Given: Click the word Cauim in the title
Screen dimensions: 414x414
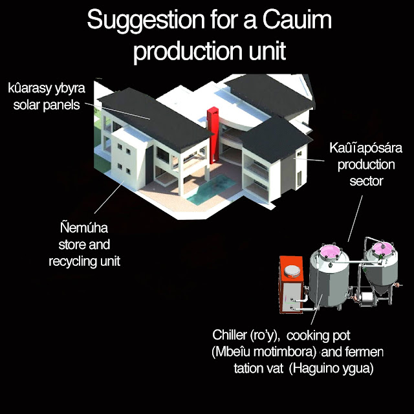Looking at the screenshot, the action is pos(297,20).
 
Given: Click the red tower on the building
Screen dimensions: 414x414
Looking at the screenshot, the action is pos(213,135).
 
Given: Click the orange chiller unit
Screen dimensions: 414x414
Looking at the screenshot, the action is pos(291,284).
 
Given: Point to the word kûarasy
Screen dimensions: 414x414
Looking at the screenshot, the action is pos(29,89).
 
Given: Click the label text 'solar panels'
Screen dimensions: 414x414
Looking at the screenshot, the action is pos(47,105).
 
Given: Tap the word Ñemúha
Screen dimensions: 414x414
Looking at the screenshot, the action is pos(84,228).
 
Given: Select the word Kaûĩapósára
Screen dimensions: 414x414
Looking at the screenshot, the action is pos(365,148).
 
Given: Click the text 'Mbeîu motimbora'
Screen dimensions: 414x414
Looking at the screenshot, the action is pos(264,352).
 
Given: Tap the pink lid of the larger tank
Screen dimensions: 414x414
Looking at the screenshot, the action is pos(329,251).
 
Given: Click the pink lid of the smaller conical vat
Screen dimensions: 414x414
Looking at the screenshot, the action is pos(382,248).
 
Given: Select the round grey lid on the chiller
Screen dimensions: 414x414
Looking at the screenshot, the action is pos(292,271).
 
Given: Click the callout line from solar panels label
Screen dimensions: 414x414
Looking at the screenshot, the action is pos(118,111).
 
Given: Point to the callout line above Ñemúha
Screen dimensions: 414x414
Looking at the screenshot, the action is pos(109,197).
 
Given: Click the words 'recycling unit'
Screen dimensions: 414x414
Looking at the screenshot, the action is pos(85,261).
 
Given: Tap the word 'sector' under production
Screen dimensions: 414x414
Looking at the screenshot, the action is pos(366,181).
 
